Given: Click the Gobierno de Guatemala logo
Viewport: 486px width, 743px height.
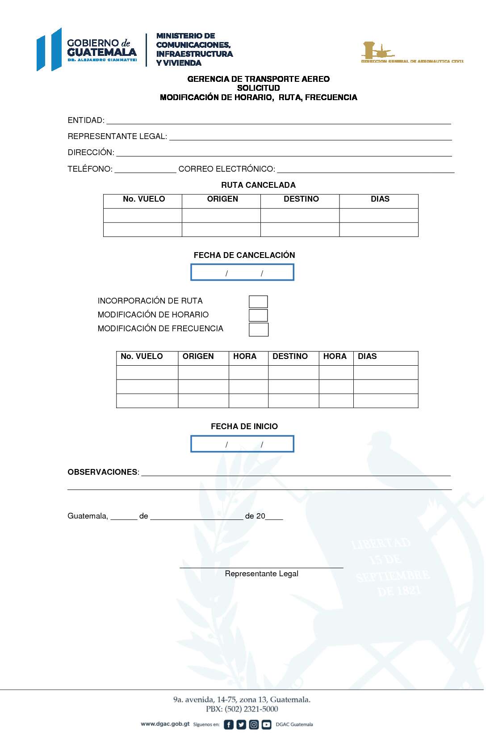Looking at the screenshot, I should click(x=87, y=49).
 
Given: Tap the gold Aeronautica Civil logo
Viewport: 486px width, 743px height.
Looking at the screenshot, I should click(x=411, y=53).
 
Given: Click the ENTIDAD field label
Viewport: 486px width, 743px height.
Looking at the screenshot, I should click(x=86, y=120).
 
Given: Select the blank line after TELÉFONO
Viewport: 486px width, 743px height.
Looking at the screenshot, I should click(x=145, y=169).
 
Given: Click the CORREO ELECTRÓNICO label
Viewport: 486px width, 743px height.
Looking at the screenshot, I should click(x=226, y=169).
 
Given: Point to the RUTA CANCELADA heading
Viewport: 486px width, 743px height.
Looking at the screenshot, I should click(x=258, y=185).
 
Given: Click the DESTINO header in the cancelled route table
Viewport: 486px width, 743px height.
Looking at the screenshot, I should click(x=301, y=199).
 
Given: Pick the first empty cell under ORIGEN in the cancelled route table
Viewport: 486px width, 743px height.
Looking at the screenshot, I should click(x=221, y=215).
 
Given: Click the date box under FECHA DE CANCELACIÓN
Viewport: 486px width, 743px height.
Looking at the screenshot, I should click(x=242, y=272).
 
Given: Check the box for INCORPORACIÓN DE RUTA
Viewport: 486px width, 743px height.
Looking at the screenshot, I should click(x=258, y=302).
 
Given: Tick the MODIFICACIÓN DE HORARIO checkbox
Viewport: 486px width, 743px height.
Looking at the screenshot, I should click(x=258, y=316).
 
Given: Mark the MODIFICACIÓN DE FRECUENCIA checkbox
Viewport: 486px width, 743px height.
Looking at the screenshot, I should click(x=259, y=329).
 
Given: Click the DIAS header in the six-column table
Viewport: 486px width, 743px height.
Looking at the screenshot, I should click(x=367, y=356).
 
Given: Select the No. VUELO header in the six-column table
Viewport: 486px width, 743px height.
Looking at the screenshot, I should click(x=142, y=356).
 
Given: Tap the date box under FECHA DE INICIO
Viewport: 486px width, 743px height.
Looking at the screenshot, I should click(x=242, y=444).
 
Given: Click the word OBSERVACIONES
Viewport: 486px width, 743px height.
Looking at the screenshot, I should click(x=103, y=472).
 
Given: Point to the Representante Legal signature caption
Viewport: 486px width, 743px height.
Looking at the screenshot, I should click(x=261, y=574).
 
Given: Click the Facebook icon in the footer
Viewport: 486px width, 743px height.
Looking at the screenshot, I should click(x=228, y=725).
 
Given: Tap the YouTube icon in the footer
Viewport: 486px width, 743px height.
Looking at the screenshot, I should click(x=267, y=725).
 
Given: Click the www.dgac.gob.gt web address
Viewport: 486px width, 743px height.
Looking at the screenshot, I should click(x=165, y=724).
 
